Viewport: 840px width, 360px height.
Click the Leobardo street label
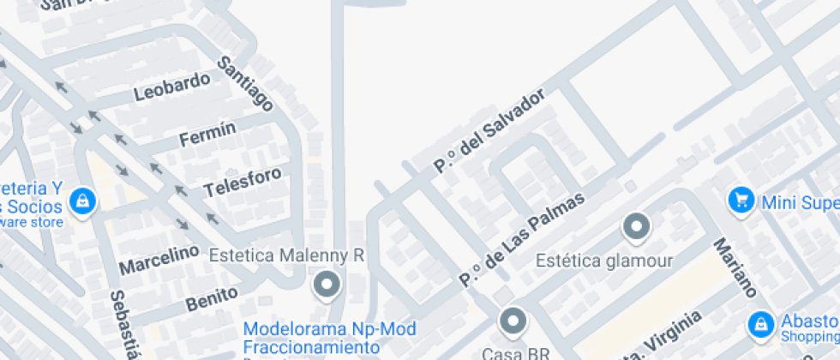172,87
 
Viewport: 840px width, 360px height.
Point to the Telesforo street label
243,182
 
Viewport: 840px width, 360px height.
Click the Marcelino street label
159,260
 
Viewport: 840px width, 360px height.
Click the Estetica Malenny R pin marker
326,284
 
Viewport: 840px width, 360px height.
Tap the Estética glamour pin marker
636,227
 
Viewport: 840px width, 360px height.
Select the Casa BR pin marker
513,321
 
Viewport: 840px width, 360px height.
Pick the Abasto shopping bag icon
759,324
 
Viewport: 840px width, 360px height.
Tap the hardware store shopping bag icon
82,201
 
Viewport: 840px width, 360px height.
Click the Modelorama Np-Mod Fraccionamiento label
329,338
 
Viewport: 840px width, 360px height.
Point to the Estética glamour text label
603,260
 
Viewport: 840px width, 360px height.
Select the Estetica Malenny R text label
287,255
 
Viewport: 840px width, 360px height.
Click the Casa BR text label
503,353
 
